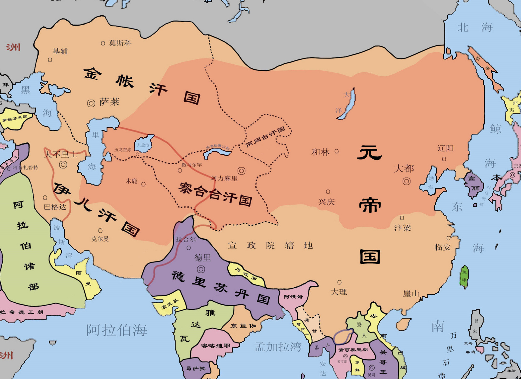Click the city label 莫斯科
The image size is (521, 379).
pyautogui.click(x=120, y=43)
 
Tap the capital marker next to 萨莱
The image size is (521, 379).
pyautogui.click(x=91, y=103)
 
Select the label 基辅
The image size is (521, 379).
pyautogui.click(x=60, y=51)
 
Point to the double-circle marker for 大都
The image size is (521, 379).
pyautogui.click(x=406, y=181)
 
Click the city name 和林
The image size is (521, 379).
pyautogui.click(x=320, y=152)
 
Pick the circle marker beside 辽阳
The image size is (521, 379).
pyautogui.click(x=444, y=159)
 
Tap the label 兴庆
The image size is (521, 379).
pyautogui.click(x=326, y=202)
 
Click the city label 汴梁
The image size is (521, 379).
pyautogui.click(x=402, y=228)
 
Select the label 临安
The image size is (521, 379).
pyautogui.click(x=442, y=247)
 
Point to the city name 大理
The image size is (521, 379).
pyautogui.click(x=339, y=292)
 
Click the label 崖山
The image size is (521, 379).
pyautogui.click(x=411, y=294)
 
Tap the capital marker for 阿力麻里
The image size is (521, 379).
pyautogui.click(x=241, y=171)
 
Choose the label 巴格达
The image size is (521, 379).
pyautogui.click(x=55, y=207)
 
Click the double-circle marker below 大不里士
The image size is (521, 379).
pyautogui.click(x=63, y=165)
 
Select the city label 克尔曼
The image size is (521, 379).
pyautogui.click(x=100, y=239)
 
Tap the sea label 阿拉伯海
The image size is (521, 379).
pyautogui.click(x=117, y=330)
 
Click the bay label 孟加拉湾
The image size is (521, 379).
pyautogui.click(x=278, y=347)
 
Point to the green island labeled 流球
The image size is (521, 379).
pyautogui.click(x=464, y=277)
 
